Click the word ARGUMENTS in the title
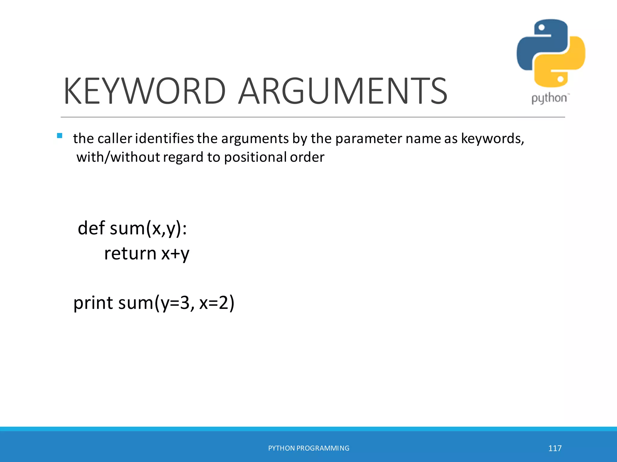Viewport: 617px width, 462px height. tap(343, 91)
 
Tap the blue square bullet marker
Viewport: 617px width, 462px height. tap(60, 136)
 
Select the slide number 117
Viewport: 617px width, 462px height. tap(555, 448)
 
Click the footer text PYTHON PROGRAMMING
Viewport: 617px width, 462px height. tap(308, 448)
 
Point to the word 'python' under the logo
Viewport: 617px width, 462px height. tap(549, 98)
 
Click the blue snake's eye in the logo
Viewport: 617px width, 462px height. tap(541, 28)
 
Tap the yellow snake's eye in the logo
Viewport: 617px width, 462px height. tap(560, 79)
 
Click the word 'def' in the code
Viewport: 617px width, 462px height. tap(91, 228)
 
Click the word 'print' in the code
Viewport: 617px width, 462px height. tap(93, 303)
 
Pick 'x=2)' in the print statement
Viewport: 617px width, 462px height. tap(217, 303)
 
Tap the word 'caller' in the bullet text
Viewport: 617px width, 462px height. tap(115, 139)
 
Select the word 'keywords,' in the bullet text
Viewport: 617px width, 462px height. tap(493, 139)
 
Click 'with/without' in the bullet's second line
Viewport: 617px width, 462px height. tap(118, 157)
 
